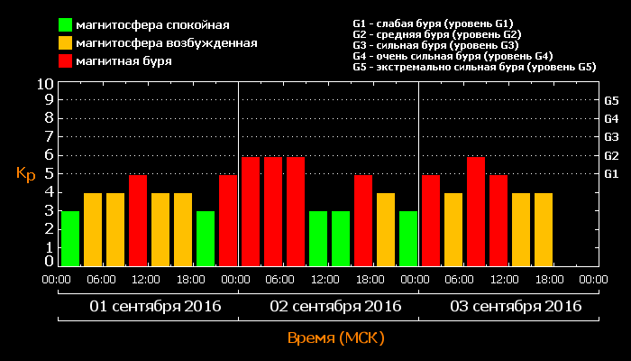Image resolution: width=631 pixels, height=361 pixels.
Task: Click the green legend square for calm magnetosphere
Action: (x=66, y=24)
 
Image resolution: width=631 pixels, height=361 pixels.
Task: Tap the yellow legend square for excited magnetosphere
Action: (x=66, y=42)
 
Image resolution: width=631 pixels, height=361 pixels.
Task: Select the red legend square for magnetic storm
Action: (x=66, y=61)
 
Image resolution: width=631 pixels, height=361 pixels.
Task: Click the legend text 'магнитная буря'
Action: (x=123, y=61)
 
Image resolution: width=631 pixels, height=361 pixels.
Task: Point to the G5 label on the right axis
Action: (x=611, y=100)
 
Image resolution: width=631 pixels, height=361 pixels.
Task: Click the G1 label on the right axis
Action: (x=611, y=173)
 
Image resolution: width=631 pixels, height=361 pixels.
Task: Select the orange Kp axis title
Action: (x=25, y=173)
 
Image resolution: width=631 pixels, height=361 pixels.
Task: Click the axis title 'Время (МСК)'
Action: (x=335, y=338)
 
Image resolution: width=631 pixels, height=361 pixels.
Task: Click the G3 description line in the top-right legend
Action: (x=434, y=45)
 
